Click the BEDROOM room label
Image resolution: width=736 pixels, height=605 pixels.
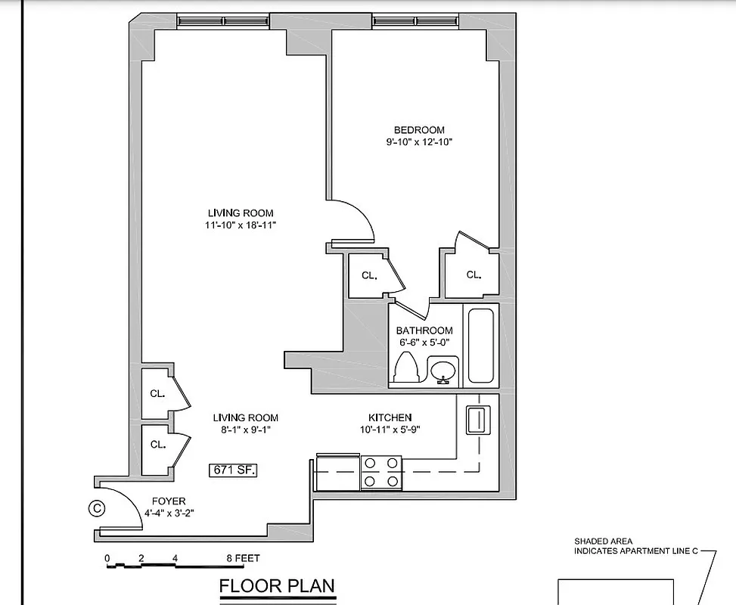point(419,130)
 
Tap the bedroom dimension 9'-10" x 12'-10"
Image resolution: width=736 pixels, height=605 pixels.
point(419,142)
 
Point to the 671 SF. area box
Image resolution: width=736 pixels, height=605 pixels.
point(234,470)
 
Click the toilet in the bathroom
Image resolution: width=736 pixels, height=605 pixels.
point(407,369)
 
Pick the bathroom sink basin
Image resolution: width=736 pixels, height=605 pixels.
point(443,371)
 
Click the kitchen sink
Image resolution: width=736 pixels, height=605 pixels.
point(477,419)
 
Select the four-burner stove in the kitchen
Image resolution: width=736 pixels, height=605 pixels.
point(381,472)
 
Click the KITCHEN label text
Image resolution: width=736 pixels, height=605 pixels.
point(390,417)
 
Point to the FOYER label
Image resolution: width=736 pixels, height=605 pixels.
point(169,501)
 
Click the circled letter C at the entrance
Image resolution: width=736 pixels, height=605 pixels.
point(97,508)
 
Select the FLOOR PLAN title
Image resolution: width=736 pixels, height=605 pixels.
point(277,586)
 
